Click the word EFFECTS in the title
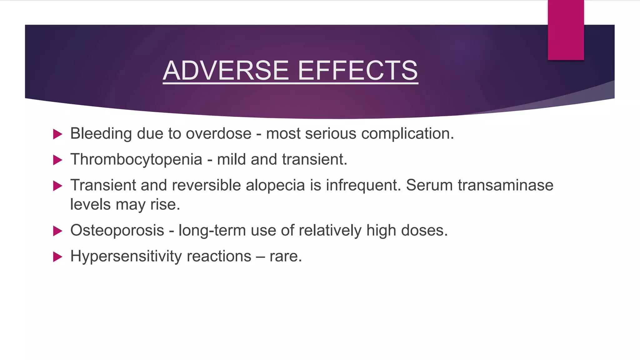(x=358, y=70)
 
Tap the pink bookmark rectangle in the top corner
(x=566, y=30)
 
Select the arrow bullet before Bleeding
(x=57, y=134)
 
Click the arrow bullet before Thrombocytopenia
(x=57, y=160)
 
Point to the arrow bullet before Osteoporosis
(x=57, y=231)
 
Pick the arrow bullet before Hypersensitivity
(x=57, y=257)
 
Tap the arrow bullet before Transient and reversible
(x=57, y=186)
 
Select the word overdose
(x=218, y=134)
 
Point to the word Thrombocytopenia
(x=136, y=160)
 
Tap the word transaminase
(x=505, y=185)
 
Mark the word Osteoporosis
(x=117, y=231)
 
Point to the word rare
(x=285, y=257)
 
